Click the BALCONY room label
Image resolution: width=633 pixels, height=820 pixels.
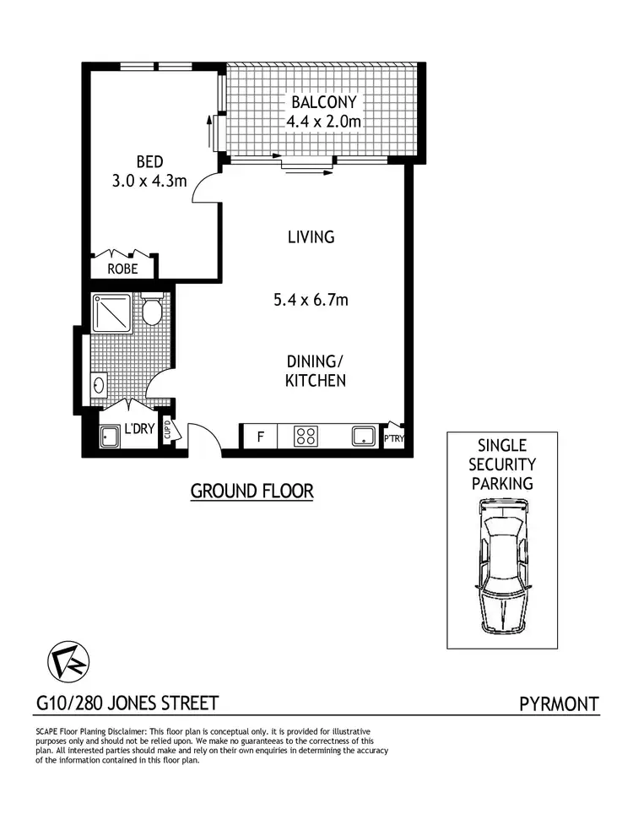[325, 102]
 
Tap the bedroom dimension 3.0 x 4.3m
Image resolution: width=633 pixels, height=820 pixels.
[149, 180]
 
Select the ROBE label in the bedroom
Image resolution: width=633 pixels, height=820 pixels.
[123, 269]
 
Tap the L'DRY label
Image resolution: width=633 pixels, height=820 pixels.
[139, 428]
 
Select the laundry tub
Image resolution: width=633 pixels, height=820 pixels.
[111, 437]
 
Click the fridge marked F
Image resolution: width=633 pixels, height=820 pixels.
[261, 437]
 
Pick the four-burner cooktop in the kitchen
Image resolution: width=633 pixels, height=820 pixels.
[306, 437]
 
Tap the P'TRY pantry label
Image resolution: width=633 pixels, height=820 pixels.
[394, 438]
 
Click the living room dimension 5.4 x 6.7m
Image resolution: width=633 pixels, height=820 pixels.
[311, 299]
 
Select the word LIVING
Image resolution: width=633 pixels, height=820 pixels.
[311, 237]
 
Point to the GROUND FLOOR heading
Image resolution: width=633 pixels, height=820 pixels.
[252, 491]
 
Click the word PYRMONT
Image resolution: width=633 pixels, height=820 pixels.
[559, 703]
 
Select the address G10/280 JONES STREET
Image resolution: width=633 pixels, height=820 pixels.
[127, 703]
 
